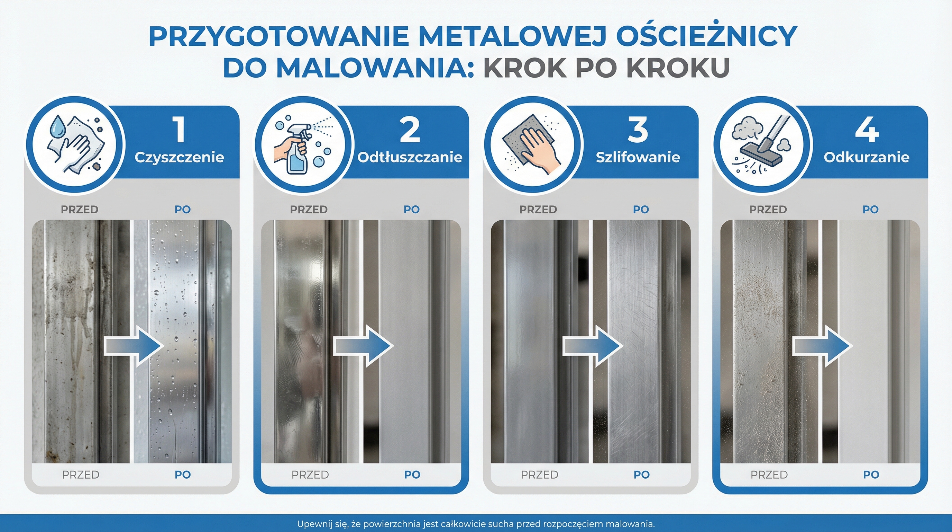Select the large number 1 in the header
(180, 130)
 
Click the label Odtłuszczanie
(410, 158)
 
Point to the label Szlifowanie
(638, 158)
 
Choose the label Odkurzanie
(867, 158)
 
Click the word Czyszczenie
(180, 158)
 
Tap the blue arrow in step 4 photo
(822, 346)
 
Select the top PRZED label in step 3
(538, 210)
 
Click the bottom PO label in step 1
(183, 475)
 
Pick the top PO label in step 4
(870, 210)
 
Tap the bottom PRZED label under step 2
(310, 475)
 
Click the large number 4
(867, 130)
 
